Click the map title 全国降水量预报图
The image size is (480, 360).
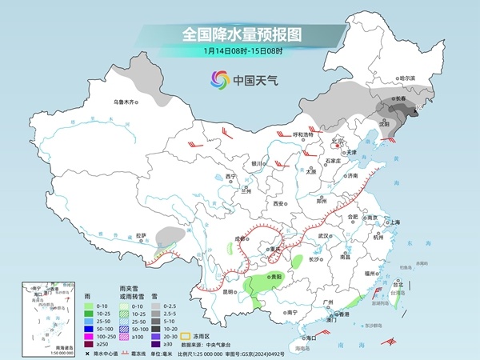coord(240,34)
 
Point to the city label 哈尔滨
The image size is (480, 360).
coord(408,78)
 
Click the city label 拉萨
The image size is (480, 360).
coord(141,235)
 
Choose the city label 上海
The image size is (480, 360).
coord(394,222)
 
